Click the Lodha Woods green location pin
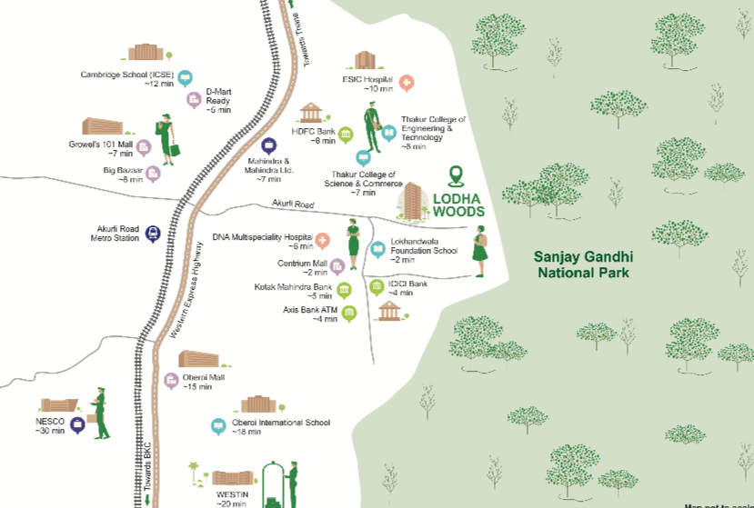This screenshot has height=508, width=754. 457,175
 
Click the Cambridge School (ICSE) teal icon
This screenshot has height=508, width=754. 186,78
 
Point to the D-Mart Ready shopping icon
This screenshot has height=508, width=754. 193,100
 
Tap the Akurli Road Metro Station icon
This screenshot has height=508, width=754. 152,233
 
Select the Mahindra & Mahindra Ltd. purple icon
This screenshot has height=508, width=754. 268,145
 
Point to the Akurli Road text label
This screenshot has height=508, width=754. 292,205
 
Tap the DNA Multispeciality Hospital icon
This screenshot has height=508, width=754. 322,239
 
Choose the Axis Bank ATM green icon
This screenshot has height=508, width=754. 348,314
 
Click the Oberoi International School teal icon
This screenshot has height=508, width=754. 217,425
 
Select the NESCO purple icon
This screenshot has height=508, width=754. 78,425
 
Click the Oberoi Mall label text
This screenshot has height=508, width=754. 203,377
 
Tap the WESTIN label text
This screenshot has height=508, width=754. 232,493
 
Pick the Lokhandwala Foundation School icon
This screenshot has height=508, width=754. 377,250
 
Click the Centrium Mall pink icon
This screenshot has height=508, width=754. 337,265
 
